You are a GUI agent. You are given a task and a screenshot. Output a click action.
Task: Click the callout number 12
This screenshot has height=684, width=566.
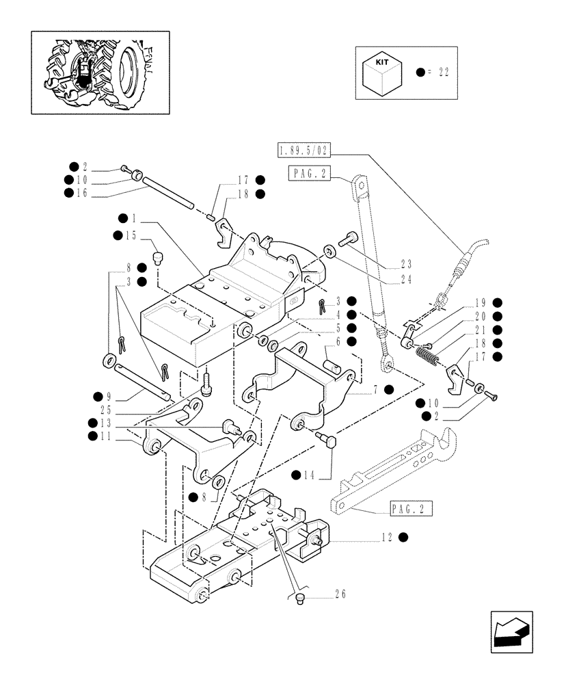click(x=387, y=537)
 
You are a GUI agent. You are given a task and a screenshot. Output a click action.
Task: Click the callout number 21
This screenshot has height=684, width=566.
click(x=481, y=331)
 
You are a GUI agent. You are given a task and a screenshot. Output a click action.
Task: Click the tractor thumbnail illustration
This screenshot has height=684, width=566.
click(x=100, y=73)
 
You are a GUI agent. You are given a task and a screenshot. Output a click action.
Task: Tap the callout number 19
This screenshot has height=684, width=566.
click(x=481, y=302)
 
